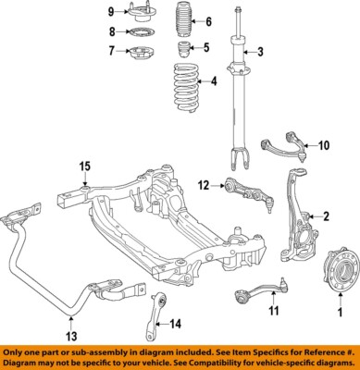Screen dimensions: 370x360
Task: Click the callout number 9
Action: pos(111,11)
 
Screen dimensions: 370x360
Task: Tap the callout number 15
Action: pos(85,166)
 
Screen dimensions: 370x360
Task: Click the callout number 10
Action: pos(323,145)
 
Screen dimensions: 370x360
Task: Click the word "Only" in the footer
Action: pos(19,353)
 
